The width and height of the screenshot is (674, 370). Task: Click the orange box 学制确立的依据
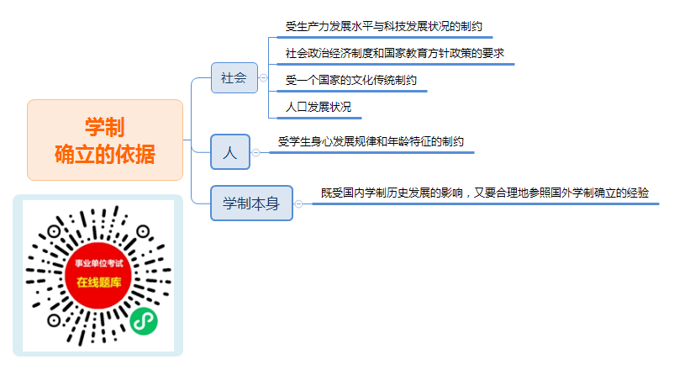pyautogui.click(x=105, y=140)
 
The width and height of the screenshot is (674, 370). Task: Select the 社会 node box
pyautogui.click(x=234, y=77)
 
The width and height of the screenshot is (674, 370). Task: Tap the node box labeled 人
pyautogui.click(x=230, y=152)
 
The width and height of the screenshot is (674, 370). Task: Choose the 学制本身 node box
pyautogui.click(x=251, y=203)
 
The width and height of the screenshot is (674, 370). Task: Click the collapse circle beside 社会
pyautogui.click(x=264, y=78)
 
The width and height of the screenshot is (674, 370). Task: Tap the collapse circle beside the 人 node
pyautogui.click(x=255, y=153)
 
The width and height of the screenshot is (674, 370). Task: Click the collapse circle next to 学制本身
pyautogui.click(x=298, y=204)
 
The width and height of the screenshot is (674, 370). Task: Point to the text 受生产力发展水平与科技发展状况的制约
pyautogui.click(x=384, y=27)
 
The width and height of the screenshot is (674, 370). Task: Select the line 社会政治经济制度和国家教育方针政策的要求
pyautogui.click(x=395, y=53)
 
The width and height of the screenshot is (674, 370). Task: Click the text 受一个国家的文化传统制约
pyautogui.click(x=351, y=80)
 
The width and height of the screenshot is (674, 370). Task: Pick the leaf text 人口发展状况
pyautogui.click(x=319, y=107)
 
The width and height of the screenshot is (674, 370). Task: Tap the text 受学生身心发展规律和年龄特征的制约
pyautogui.click(x=371, y=141)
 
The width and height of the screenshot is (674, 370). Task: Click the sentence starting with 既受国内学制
pyautogui.click(x=485, y=193)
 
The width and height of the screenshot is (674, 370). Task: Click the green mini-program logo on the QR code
pyautogui.click(x=144, y=321)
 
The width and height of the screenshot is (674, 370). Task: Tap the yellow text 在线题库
pyautogui.click(x=99, y=283)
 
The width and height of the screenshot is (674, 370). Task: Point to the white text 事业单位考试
pyautogui.click(x=99, y=263)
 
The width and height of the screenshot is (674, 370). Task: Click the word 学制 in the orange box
pyautogui.click(x=105, y=127)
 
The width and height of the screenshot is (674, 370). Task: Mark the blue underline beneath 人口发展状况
pyautogui.click(x=319, y=118)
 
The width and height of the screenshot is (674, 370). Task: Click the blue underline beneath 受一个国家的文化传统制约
pyautogui.click(x=352, y=91)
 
